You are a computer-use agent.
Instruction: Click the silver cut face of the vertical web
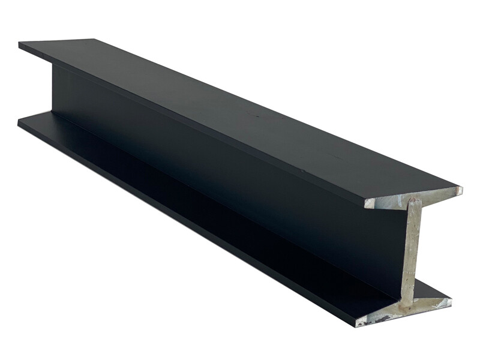coord(411,252)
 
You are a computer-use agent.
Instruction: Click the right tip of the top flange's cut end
coord(461,190)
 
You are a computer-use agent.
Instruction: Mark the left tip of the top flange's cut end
coord(366,204)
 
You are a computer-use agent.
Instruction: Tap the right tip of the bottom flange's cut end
coord(451,299)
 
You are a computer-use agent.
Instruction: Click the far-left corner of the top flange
coord(20,44)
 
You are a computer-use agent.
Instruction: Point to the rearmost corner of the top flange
coord(93,40)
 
